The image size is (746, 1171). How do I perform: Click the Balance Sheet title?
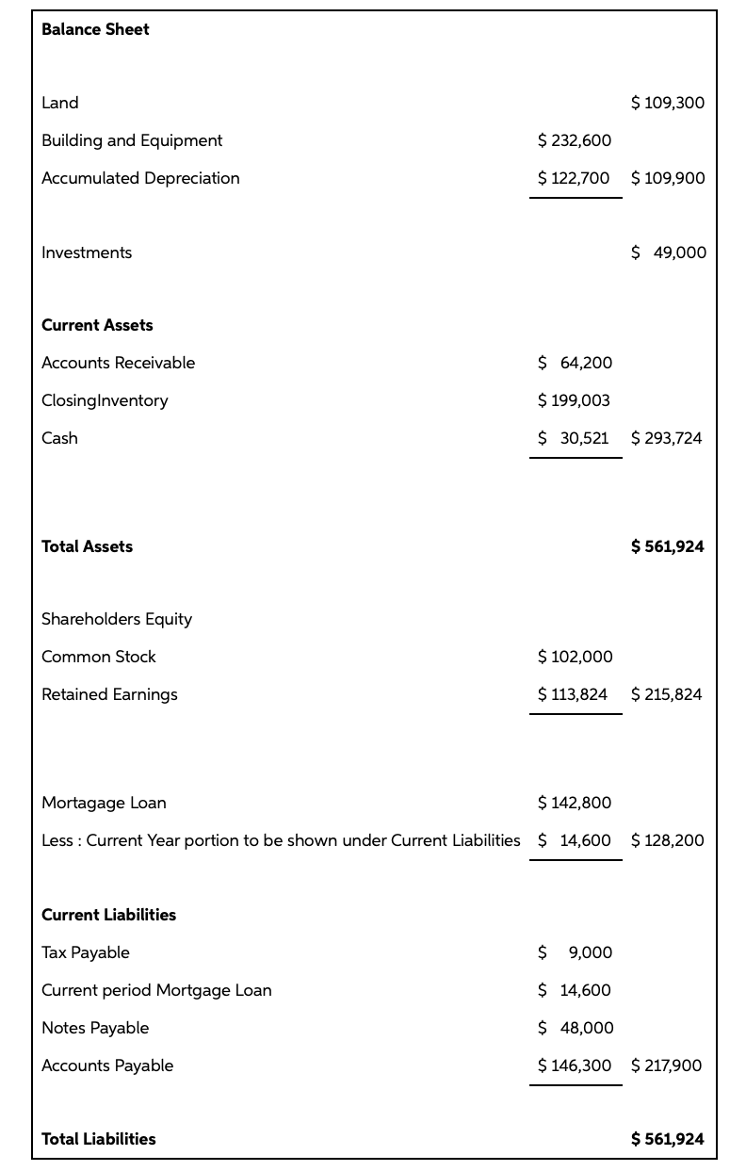pyautogui.click(x=95, y=29)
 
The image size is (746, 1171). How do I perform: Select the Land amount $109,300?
pyautogui.click(x=667, y=103)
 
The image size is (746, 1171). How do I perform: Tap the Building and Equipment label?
pyautogui.click(x=132, y=140)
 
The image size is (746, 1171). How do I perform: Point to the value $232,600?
pyautogui.click(x=574, y=140)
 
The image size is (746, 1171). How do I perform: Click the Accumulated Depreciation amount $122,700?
pyautogui.click(x=574, y=178)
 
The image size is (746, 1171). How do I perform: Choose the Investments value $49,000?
pyautogui.click(x=668, y=252)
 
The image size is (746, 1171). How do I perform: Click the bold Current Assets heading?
pyautogui.click(x=97, y=325)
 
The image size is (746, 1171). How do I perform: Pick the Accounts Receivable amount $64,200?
pyautogui.click(x=575, y=363)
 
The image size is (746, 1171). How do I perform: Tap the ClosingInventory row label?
pyautogui.click(x=105, y=400)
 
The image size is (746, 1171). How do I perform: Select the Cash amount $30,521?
pyautogui.click(x=573, y=438)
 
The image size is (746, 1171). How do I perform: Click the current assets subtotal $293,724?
pyautogui.click(x=666, y=438)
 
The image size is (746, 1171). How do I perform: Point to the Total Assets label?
pyautogui.click(x=87, y=546)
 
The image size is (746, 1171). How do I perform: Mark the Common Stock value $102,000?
pyautogui.click(x=575, y=657)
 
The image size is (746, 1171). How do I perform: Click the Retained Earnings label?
pyautogui.click(x=109, y=694)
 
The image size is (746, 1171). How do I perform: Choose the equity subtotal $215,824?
pyautogui.click(x=666, y=694)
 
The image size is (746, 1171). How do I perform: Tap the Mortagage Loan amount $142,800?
pyautogui.click(x=574, y=803)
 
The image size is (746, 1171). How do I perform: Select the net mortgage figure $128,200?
pyautogui.click(x=667, y=840)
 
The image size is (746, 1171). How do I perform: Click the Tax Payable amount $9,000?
pyautogui.click(x=575, y=952)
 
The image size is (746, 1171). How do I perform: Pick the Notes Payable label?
pyautogui.click(x=95, y=1028)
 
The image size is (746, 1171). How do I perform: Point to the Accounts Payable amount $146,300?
pyautogui.click(x=574, y=1065)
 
